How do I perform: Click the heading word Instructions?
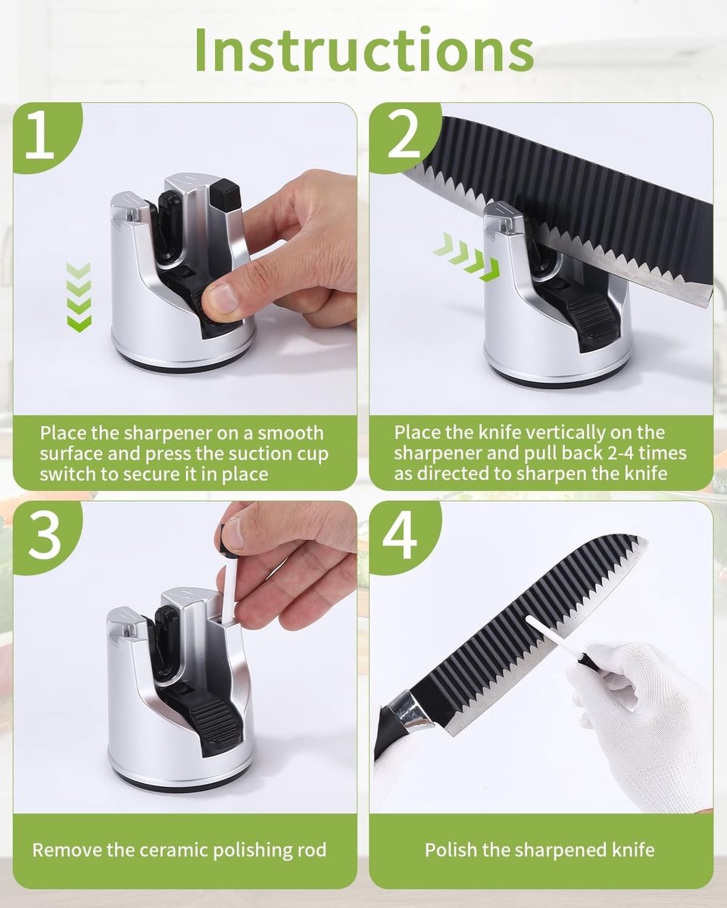364,50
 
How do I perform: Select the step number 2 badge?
404,137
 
